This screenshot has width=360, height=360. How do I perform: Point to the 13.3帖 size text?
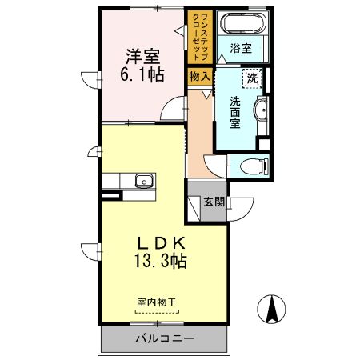tap(161, 262)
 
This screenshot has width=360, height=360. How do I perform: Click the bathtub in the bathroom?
tap(242, 24)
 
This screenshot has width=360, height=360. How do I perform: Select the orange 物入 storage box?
tap(199, 77)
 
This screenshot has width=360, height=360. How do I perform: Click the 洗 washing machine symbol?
tap(253, 78)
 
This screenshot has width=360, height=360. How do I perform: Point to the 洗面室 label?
tap(236, 112)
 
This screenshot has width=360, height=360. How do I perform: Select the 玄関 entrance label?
tap(213, 202)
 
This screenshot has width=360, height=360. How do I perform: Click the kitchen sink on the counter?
tap(144, 179)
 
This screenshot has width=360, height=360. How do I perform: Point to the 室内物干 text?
tap(155, 302)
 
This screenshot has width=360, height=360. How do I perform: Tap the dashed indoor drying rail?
tap(155, 312)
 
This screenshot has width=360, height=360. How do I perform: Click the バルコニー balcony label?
tap(163, 338)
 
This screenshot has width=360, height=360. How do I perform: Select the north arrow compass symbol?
tap(273, 309)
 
